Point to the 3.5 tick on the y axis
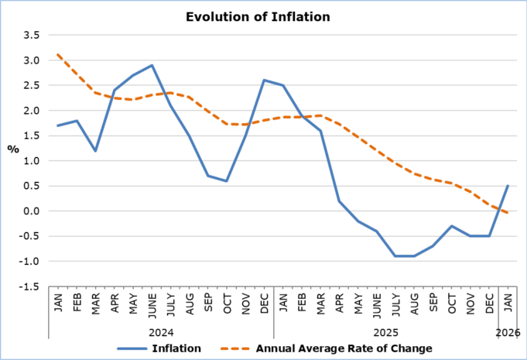[31, 36]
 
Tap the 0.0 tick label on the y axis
[31, 211]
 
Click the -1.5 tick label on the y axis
[29, 286]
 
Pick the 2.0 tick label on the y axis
[31, 111]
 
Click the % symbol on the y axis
[13, 149]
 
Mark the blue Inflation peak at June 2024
[152, 66]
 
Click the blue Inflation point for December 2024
[265, 81]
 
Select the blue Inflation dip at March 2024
[96, 151]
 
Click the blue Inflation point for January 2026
[508, 186]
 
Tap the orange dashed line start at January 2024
[59, 55]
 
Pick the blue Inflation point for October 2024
[227, 181]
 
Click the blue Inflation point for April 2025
[339, 201]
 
